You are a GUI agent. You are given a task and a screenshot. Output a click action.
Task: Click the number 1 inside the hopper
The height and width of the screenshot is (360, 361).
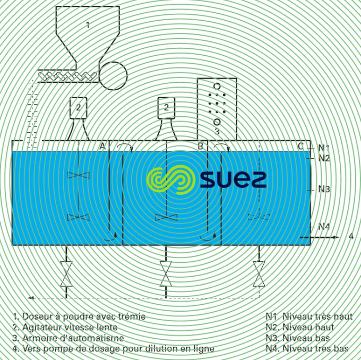pos(88,25)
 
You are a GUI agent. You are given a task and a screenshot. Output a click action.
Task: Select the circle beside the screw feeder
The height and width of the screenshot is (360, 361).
pos(113,76)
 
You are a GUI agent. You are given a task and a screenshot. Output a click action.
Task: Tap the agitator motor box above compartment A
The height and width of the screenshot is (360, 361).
pos(78,108)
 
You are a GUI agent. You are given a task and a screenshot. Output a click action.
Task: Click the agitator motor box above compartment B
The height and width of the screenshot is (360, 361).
pos(166,108)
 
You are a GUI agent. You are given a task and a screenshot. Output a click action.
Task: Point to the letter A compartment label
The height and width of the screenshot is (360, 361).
pos(102,146)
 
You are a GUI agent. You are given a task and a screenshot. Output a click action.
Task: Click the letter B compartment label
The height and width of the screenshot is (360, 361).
pos(201,146)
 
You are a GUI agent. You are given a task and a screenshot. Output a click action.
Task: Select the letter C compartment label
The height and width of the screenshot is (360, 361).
pos(300,146)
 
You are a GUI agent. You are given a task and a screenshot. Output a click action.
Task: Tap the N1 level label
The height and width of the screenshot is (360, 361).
pos(324,148)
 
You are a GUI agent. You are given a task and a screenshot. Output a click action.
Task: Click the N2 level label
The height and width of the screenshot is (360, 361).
pos(324,158)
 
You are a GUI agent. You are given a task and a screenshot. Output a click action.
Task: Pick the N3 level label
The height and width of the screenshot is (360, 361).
pos(324,190)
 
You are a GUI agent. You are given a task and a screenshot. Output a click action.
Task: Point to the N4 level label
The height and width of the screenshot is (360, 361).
pos(324,227)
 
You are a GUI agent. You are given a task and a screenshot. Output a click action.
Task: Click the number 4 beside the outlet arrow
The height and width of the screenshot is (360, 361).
pos(351,236)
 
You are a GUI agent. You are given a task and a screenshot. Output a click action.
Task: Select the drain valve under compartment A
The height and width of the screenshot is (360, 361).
pos(66,274)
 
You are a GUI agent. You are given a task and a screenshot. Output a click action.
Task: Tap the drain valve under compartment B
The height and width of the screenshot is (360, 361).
pos(166,274)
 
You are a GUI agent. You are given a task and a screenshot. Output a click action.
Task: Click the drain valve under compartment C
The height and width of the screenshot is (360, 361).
pos(259,274)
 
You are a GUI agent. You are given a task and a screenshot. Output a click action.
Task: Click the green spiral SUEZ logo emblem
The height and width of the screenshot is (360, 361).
pos(171,180)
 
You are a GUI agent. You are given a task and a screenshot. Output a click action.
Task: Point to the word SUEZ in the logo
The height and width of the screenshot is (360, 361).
pos(233,179)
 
